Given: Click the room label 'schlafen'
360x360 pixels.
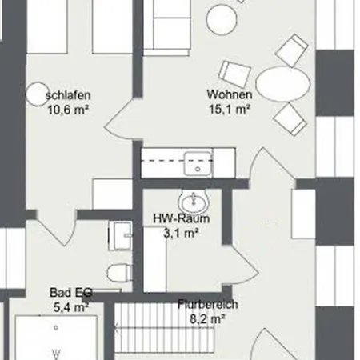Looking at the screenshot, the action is coord(68,95).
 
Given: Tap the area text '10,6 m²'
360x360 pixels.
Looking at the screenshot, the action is coord(68,110).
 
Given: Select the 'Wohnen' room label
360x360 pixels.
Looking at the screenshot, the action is coord(230,94).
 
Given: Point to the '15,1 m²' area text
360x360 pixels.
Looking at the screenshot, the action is coord(230,109).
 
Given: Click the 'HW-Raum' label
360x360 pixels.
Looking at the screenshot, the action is coord(182,218).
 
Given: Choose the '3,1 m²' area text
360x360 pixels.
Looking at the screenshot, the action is coord(181,233).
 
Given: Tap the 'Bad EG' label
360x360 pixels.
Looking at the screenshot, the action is coord(71,293).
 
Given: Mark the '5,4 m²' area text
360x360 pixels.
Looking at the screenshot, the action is coord(71,307).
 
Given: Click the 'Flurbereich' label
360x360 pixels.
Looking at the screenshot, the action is coord(208,304).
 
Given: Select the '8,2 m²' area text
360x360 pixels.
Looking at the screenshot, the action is coord(207,318).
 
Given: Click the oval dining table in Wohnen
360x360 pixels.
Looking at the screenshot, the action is coord(283,84).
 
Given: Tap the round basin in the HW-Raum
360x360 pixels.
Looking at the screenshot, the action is coord(194,202).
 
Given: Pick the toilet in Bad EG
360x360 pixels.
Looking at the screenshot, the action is coord(120,273).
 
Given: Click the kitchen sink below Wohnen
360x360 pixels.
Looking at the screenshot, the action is coord(198,164).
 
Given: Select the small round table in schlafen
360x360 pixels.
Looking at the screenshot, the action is coord(38,94).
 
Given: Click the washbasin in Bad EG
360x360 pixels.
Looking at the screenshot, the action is coord(121,235).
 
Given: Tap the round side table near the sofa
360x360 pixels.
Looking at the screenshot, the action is coord(222,20).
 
